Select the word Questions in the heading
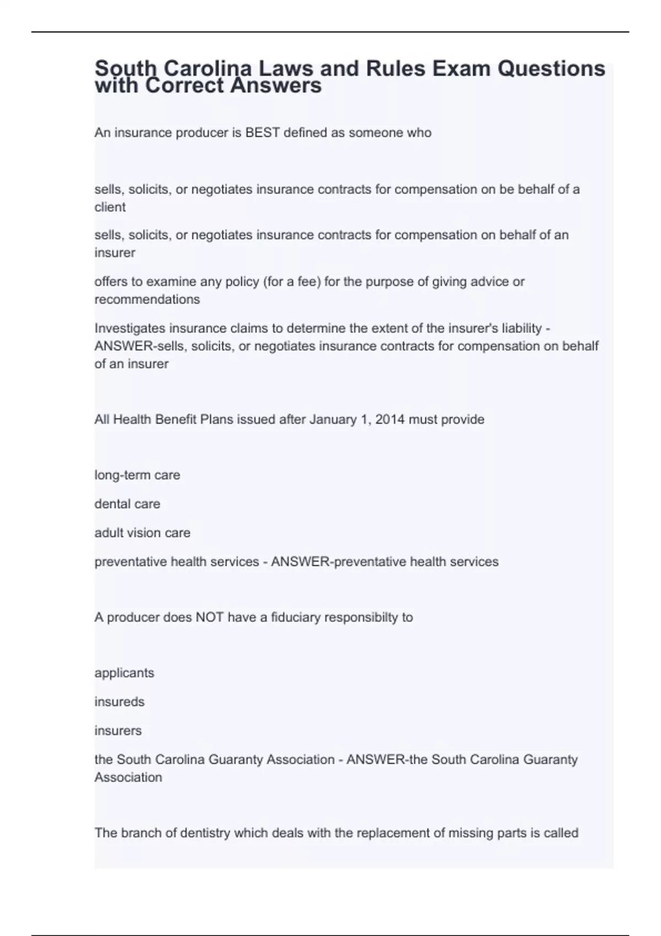[551, 68]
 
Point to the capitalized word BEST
[263, 133]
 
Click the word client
[110, 207]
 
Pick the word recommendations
[147, 300]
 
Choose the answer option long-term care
[137, 475]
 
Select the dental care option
[127, 504]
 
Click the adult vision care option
[142, 533]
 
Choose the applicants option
[124, 673]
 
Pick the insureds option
[120, 702]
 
